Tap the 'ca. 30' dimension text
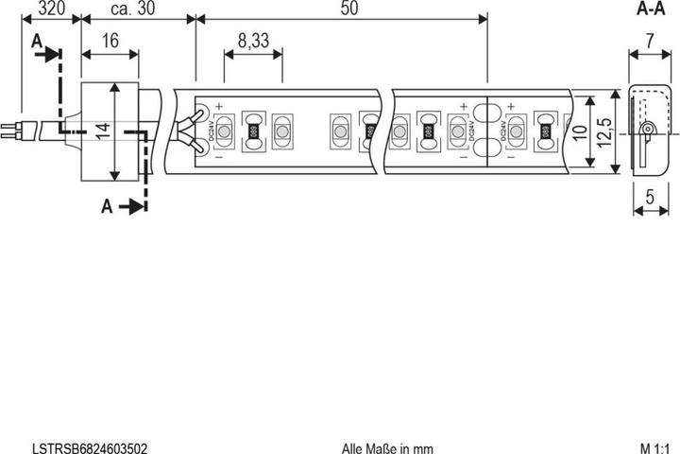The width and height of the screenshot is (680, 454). tap(132, 9)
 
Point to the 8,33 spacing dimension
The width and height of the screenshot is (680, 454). tap(252, 41)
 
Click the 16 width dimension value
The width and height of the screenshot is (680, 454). tap(110, 41)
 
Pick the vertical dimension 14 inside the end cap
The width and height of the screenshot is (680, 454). tap(102, 131)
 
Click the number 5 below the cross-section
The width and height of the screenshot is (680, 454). tap(650, 199)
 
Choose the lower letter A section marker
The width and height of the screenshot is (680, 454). tap(109, 206)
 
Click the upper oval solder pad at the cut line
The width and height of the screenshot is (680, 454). tap(486, 110)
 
